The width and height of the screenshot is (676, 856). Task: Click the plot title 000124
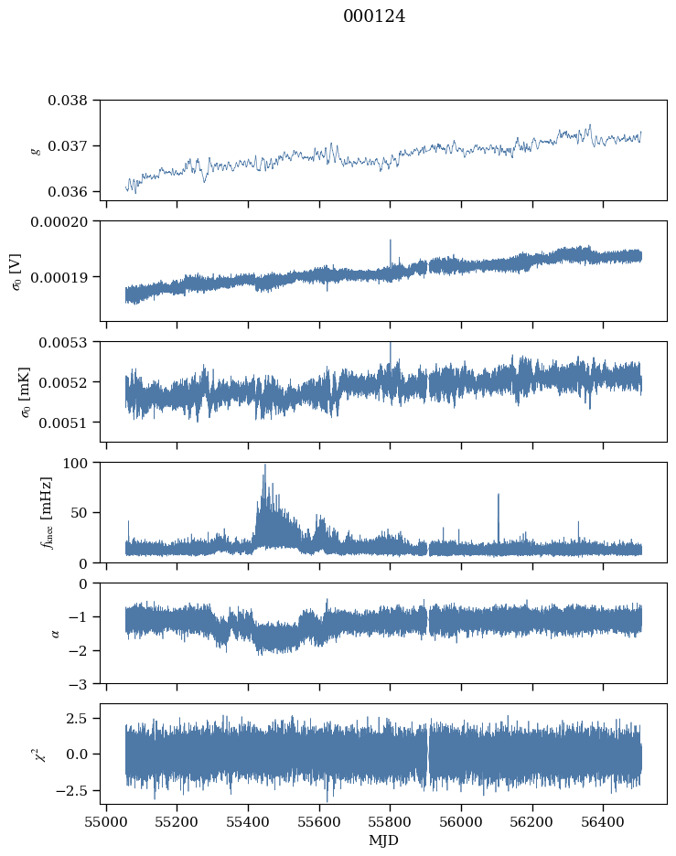[x=374, y=16]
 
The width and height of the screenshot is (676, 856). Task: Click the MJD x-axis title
[x=383, y=840]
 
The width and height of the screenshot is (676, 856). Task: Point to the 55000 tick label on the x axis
[x=106, y=819]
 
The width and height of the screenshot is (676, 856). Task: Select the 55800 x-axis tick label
[x=391, y=819]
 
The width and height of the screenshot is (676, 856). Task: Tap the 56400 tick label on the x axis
[x=603, y=819]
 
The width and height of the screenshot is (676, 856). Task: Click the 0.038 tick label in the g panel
[x=70, y=101]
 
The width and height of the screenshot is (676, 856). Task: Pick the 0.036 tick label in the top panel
[x=70, y=192]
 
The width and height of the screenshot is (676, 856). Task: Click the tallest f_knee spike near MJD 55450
[x=265, y=465]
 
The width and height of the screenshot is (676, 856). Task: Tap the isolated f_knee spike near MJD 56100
[x=499, y=495]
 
